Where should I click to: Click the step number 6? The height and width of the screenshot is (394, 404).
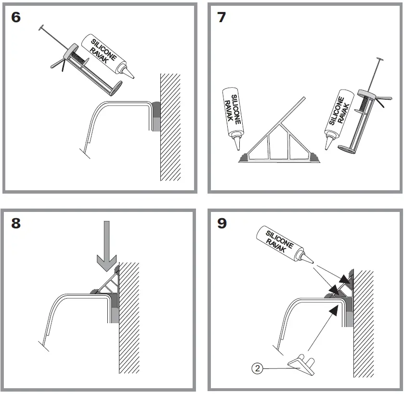point(16,18)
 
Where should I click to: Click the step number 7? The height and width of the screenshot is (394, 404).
point(222,18)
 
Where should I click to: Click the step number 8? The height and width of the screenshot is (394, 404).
point(16,224)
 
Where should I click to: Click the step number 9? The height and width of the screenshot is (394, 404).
point(222,224)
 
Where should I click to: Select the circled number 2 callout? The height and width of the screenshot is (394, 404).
point(257,369)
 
